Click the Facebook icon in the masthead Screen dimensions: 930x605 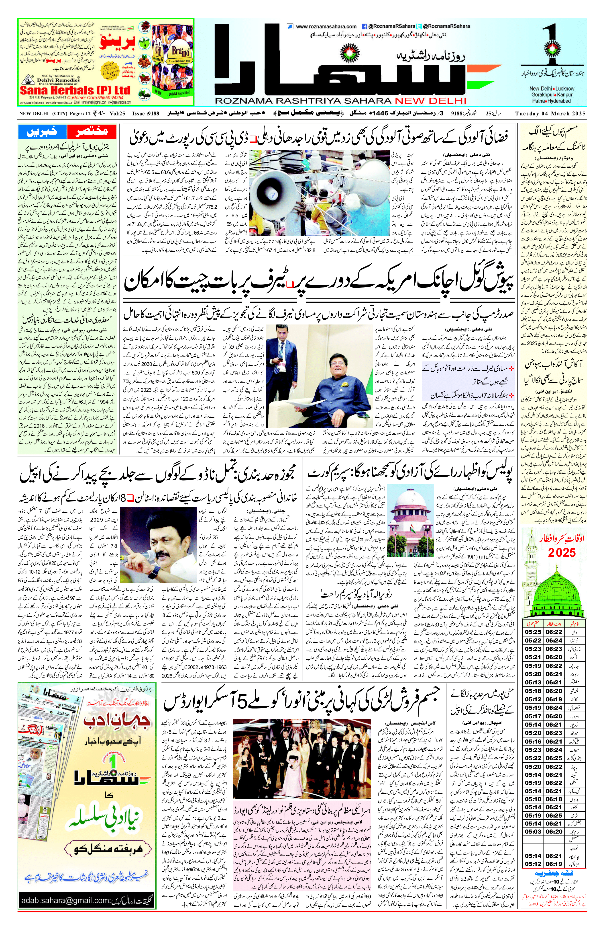[364, 26]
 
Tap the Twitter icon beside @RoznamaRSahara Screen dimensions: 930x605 [418, 26]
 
